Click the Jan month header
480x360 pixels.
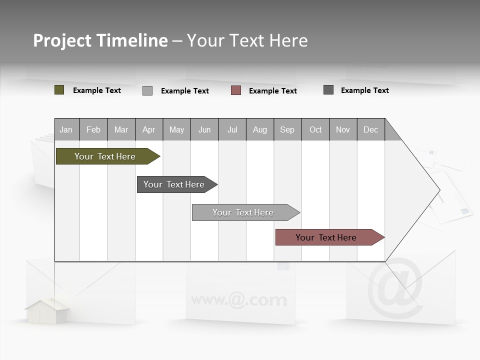(66, 129)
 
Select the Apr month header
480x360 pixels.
(148, 129)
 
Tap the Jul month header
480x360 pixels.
(232, 129)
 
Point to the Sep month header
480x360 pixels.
(287, 129)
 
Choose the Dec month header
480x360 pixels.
(370, 129)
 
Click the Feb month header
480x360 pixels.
(93, 129)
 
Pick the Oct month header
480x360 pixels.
(315, 129)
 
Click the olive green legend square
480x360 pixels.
(59, 90)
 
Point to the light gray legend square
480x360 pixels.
(147, 90)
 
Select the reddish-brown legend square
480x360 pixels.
(236, 90)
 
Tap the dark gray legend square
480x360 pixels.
(328, 90)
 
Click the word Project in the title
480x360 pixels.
(62, 40)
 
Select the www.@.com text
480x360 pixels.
(239, 300)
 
